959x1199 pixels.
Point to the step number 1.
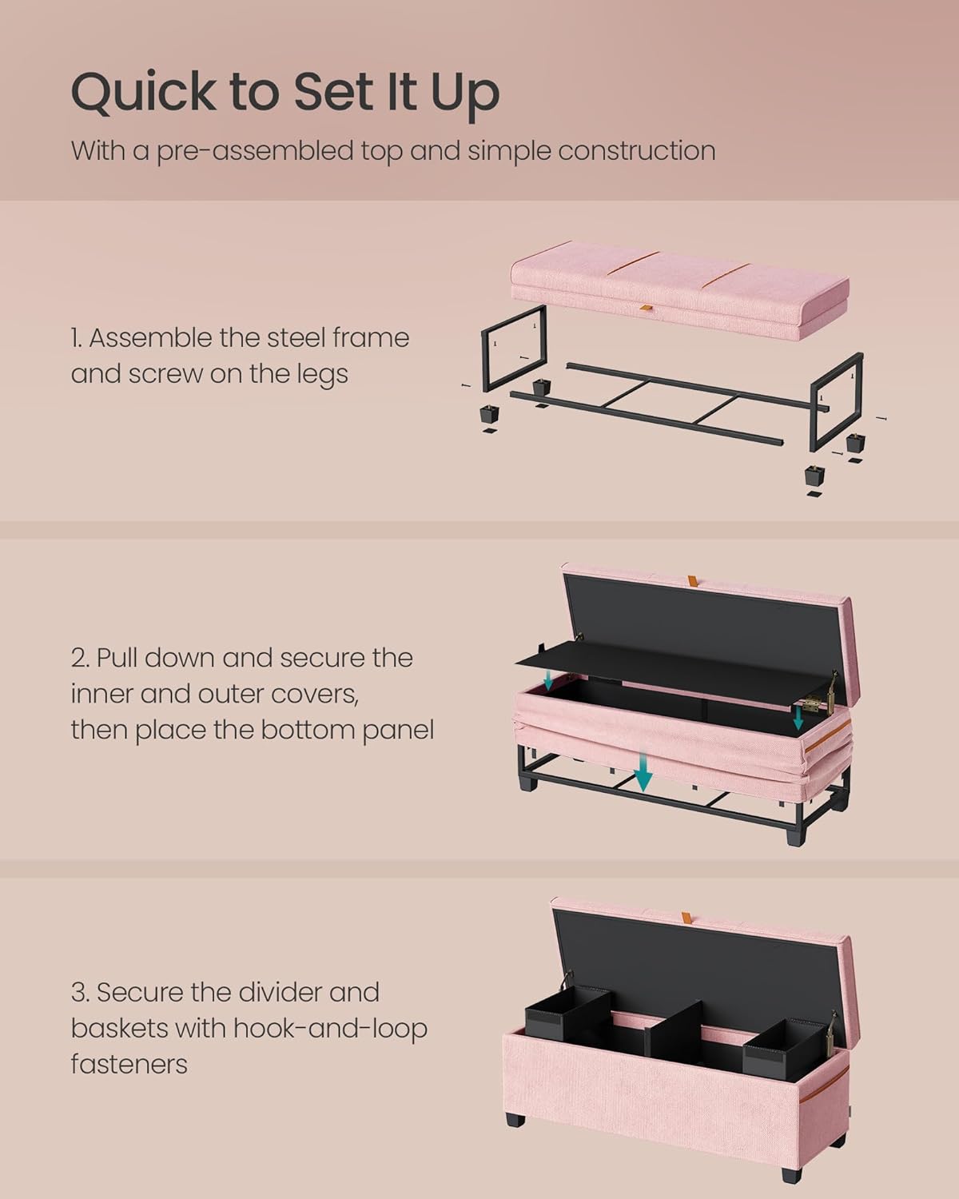pos(76,338)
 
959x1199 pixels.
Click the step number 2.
pos(78,658)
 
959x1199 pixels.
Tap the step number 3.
pos(78,993)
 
